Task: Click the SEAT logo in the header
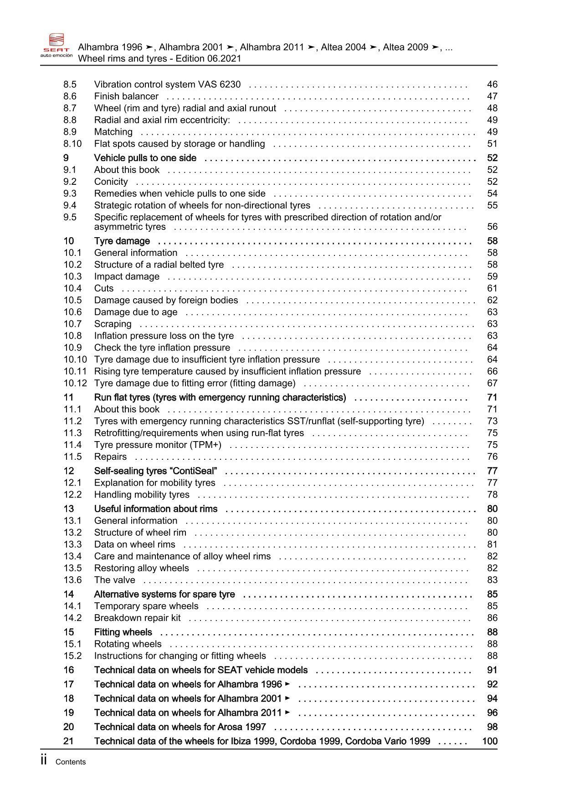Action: point(56,46)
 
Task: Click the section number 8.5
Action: point(70,84)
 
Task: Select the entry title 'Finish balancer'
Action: point(126,96)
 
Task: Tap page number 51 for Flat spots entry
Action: point(492,144)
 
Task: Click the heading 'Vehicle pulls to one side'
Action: point(145,158)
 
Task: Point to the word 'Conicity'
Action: point(111,182)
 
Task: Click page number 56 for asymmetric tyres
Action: point(492,227)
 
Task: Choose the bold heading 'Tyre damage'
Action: point(122,241)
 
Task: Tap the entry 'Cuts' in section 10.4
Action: point(104,288)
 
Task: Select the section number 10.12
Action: point(75,383)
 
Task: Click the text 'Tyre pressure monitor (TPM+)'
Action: point(158,445)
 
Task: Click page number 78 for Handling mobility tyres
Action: point(492,495)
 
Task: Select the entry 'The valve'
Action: point(114,580)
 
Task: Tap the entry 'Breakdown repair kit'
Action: point(137,618)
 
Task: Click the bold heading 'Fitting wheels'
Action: point(123,632)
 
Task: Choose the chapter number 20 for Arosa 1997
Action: point(68,727)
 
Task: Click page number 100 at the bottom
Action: point(490,741)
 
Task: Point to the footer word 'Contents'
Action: point(70,762)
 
